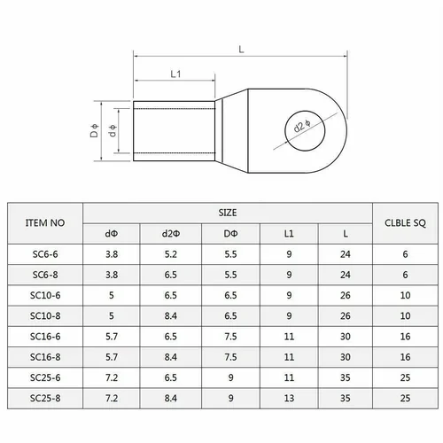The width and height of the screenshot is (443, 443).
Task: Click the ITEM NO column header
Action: click(44, 223)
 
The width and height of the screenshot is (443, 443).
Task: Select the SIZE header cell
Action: click(228, 214)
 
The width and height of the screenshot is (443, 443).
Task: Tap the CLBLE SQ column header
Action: click(405, 223)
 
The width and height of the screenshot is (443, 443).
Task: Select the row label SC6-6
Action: click(44, 254)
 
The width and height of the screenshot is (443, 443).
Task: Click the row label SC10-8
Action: click(44, 315)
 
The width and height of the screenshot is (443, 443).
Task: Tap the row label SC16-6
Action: click(44, 336)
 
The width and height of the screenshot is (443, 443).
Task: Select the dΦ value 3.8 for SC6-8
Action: click(112, 275)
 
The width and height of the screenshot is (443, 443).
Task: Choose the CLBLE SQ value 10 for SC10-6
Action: click(405, 295)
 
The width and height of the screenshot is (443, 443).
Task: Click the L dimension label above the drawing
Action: click(241, 49)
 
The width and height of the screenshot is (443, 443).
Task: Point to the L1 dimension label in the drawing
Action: click(176, 74)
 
